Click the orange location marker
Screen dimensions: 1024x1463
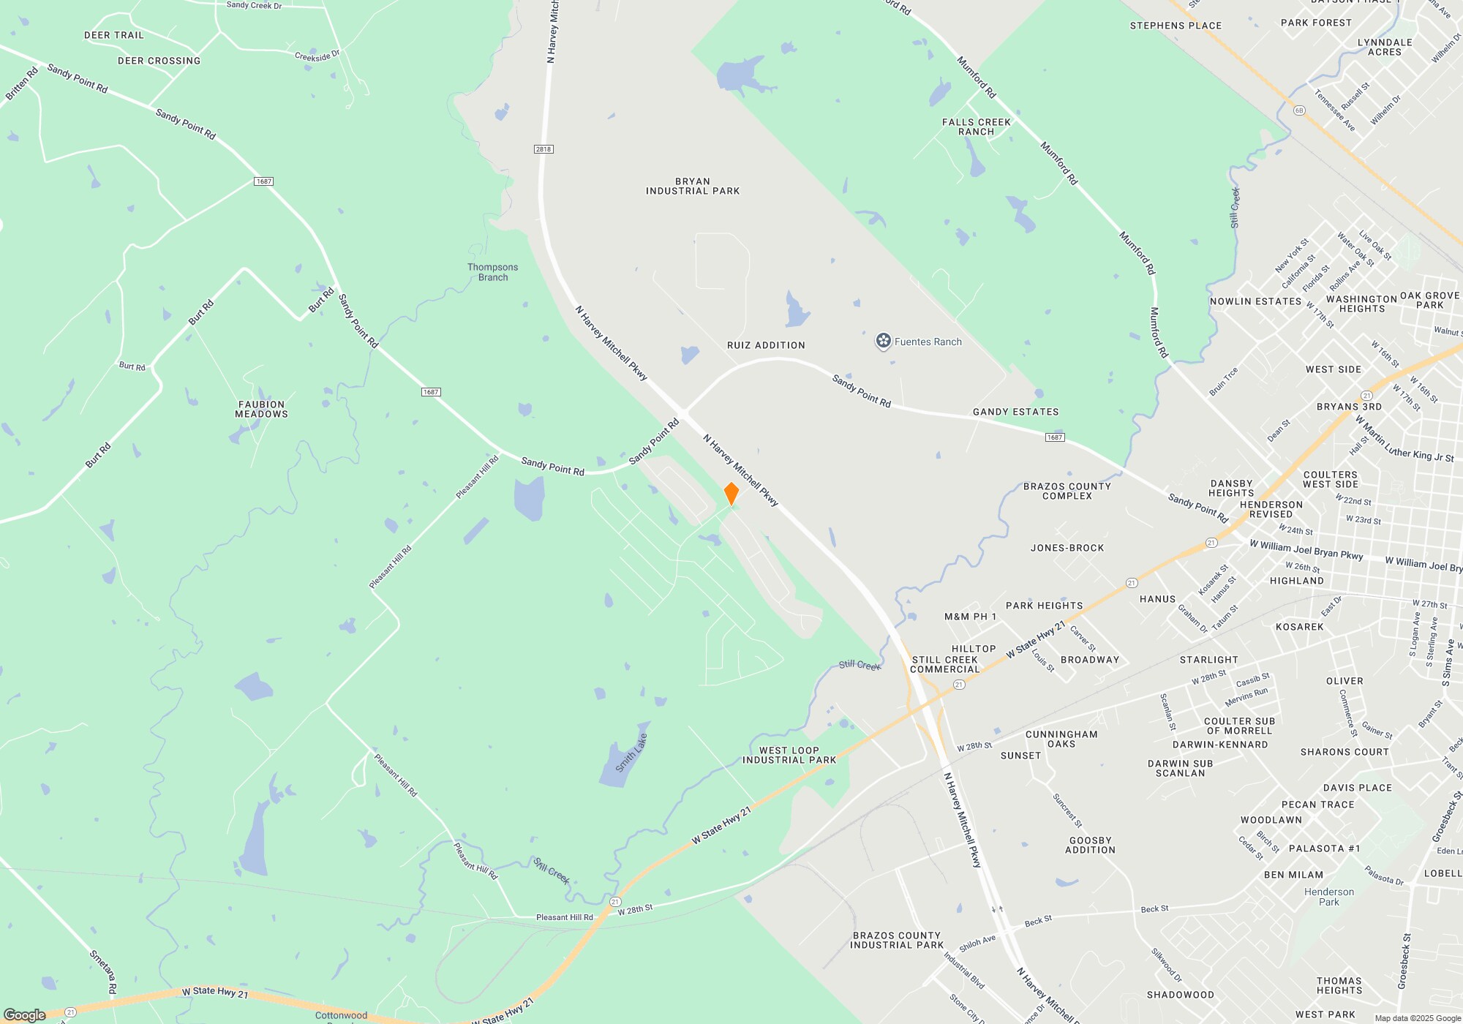tap(731, 493)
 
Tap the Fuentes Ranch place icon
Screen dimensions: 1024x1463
tap(884, 341)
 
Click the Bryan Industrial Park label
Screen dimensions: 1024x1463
tap(693, 187)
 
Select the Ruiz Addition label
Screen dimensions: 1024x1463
tap(766, 345)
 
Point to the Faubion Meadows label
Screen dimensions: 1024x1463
tap(261, 410)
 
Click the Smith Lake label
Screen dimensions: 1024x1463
tap(631, 753)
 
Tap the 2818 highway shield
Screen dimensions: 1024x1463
tap(543, 149)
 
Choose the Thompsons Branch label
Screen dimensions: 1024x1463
tap(492, 272)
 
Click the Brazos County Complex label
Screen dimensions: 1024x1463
tap(1067, 491)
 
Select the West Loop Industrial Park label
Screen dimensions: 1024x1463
tap(789, 756)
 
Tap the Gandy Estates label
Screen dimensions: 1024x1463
tap(1015, 412)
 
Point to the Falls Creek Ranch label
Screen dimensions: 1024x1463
tap(976, 127)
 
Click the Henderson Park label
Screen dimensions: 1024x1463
tap(1328, 897)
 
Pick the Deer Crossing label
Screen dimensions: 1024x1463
tap(159, 61)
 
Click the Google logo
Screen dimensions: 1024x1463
tap(25, 1014)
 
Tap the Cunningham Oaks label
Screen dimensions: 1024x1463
tap(1061, 739)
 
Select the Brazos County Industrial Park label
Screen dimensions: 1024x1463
tap(896, 940)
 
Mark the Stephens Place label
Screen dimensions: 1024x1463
tap(1176, 26)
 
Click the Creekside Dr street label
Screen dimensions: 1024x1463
tap(317, 56)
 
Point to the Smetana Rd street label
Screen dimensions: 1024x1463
tap(103, 971)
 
